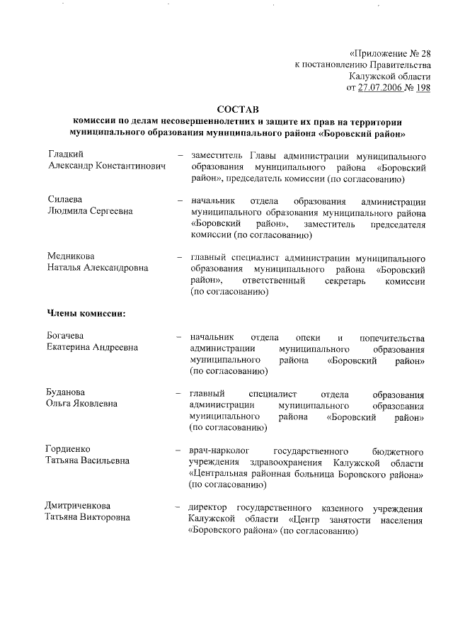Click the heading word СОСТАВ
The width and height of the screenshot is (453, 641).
click(239, 109)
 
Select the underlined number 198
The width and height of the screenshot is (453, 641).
click(423, 88)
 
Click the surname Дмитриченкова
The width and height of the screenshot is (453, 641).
click(79, 506)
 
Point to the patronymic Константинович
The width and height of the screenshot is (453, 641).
click(130, 165)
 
